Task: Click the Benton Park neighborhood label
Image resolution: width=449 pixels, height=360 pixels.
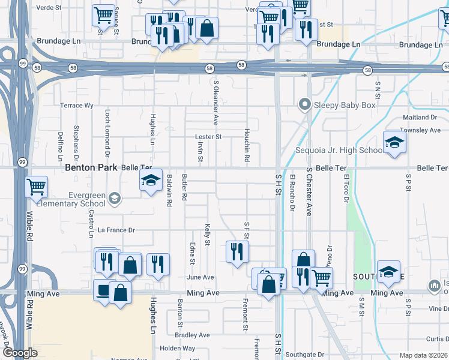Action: point(91,169)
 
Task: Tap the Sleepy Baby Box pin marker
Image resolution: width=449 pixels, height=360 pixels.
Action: point(305,106)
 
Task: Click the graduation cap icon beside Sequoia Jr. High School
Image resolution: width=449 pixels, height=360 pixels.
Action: point(394,142)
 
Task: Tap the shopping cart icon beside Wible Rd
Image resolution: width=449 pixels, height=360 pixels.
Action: point(37,187)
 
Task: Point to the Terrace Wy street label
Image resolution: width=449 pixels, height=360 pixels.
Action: point(77,106)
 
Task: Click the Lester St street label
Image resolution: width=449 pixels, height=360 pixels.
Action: point(208,137)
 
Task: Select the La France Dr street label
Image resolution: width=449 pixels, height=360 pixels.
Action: point(117,230)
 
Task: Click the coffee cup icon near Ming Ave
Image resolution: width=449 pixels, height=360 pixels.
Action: point(103,292)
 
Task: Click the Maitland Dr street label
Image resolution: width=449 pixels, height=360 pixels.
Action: point(421,118)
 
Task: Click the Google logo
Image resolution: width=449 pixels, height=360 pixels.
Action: point(20,353)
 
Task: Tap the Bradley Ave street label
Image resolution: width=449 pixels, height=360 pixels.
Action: point(193,335)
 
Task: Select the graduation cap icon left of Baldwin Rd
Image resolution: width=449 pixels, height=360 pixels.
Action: point(151,180)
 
